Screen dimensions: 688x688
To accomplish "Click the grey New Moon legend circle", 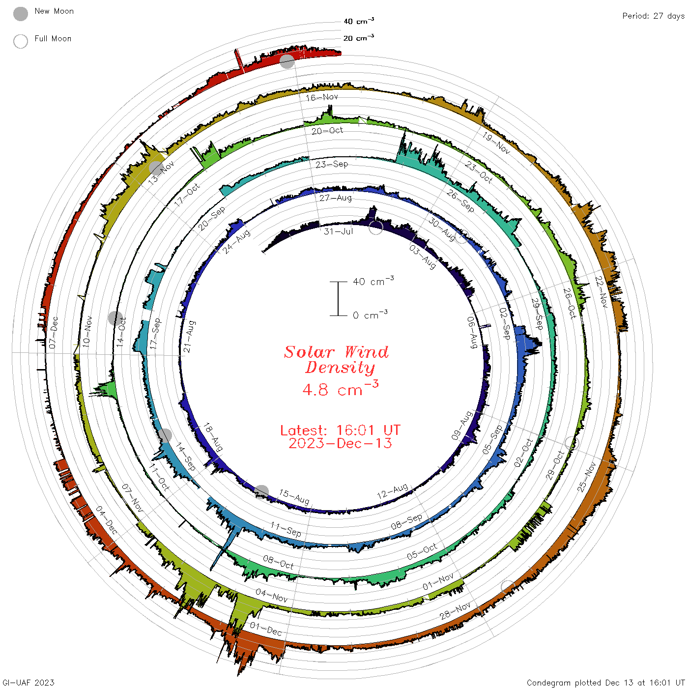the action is click(20, 14).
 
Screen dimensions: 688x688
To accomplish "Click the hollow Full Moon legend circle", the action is click(20, 41).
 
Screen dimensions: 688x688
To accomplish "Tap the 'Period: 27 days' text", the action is click(654, 16).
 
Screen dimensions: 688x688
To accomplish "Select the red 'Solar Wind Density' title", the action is click(336, 360).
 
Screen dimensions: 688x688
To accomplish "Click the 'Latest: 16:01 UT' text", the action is click(340, 430).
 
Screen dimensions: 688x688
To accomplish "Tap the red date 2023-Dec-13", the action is click(340, 443).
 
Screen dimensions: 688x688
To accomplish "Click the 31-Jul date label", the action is click(339, 231).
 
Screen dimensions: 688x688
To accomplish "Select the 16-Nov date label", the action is click(322, 97).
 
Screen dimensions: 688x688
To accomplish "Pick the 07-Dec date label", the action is click(53, 332).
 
